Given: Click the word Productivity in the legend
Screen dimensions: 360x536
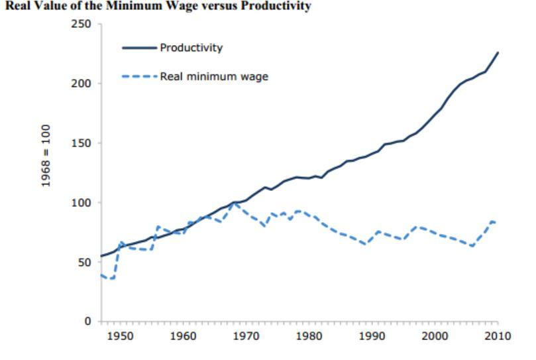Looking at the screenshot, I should (191, 48).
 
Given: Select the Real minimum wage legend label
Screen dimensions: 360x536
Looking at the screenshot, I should (214, 76).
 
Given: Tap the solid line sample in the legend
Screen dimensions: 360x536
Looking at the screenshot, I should (139, 48).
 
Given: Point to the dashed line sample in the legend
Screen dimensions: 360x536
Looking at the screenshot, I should (139, 76).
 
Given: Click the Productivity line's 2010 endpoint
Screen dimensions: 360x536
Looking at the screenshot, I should (498, 52).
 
